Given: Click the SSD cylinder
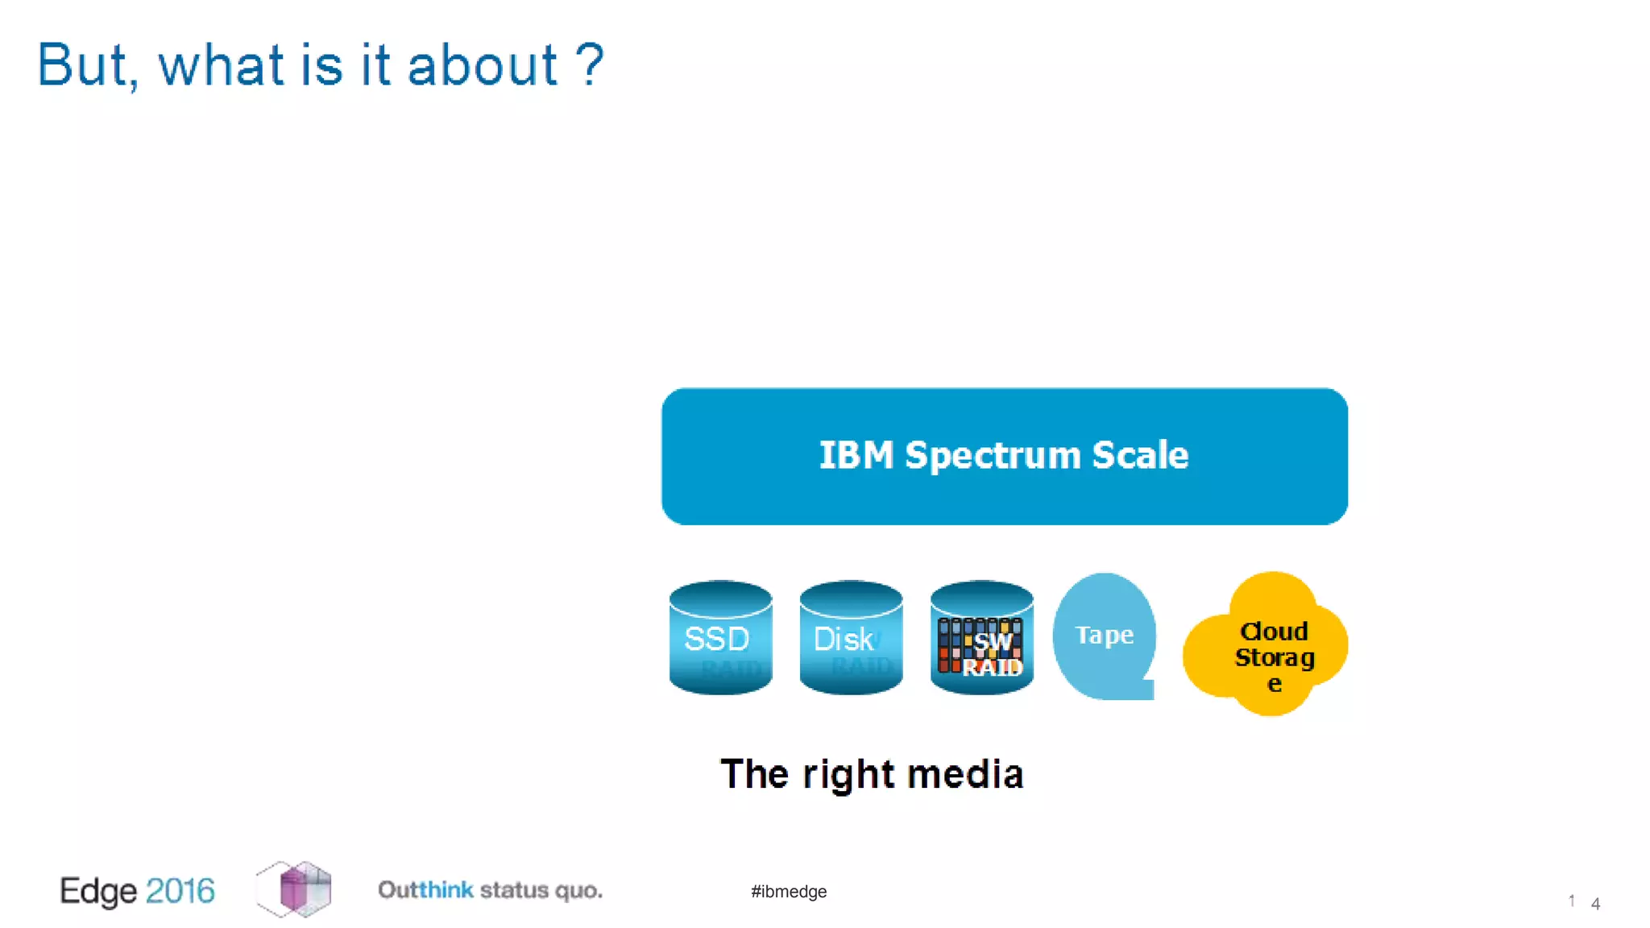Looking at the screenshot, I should pos(720,638).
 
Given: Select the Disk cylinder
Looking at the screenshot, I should pos(851,638).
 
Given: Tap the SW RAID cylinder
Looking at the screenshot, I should pos(981,638).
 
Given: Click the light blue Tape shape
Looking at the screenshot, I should pos(1105,636).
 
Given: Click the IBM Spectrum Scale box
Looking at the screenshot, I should pos(1004,499).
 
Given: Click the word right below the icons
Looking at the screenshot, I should pos(848,774).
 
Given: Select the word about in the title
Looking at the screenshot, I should pos(482,66).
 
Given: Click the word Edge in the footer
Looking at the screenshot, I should pos(98,891).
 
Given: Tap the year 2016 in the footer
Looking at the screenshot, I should pos(180,891).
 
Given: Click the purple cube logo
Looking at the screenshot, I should pos(295,889).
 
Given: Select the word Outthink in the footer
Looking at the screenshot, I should pos(425,890).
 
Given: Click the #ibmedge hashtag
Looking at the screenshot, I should pos(789,892).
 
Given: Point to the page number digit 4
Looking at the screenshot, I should pos(1595,904).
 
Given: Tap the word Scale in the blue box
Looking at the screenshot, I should pos(1139,456).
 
